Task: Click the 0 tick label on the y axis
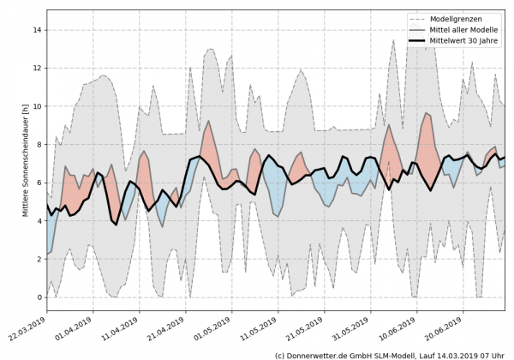(x=39, y=297)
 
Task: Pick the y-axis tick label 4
(x=39, y=221)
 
